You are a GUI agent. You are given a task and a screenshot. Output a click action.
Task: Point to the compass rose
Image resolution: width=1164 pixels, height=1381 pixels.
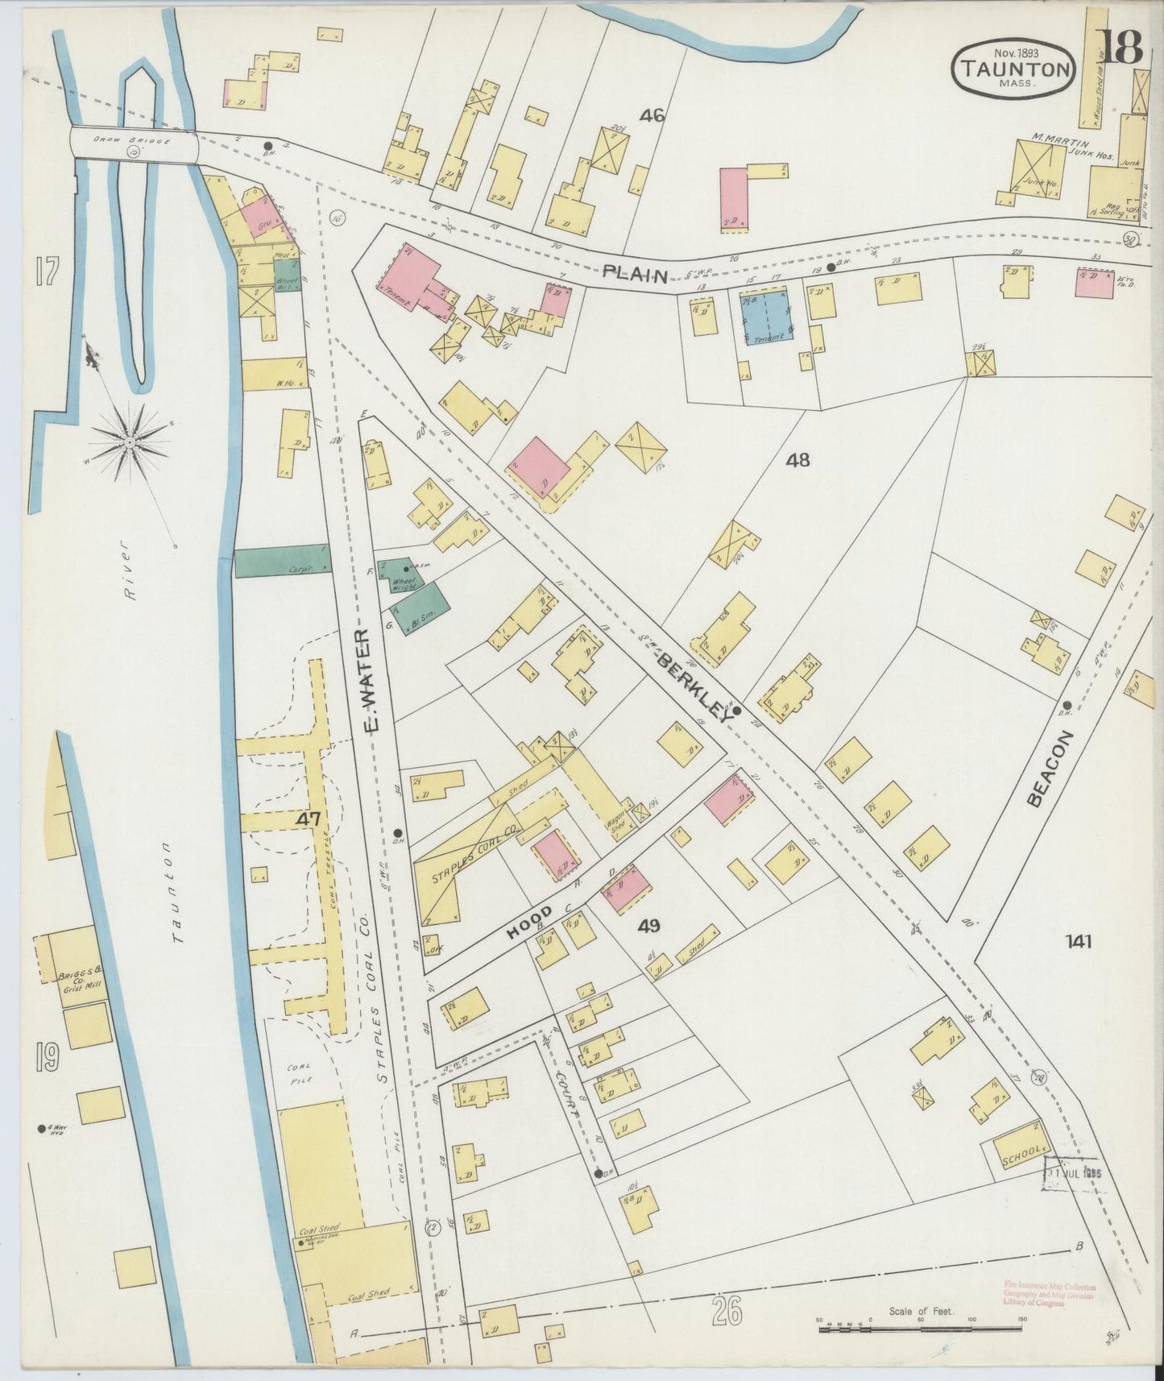pos(129,442)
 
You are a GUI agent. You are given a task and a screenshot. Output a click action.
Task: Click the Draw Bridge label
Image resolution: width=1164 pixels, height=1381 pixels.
pos(121,141)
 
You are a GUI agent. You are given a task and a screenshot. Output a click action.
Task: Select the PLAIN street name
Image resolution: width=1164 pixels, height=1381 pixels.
pos(636,276)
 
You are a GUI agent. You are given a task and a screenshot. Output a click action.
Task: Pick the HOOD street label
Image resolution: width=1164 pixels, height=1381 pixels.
pos(529,923)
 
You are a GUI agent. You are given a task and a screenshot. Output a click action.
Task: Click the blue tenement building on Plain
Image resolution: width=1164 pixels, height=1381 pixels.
pos(764,320)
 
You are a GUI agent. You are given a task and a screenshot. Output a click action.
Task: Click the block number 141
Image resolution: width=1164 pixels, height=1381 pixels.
pos(1078,940)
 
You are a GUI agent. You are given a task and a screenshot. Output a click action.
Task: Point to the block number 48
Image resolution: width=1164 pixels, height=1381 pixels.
pos(798,460)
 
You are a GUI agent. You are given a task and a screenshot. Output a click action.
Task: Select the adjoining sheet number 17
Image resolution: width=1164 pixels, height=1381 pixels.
pos(46,273)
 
